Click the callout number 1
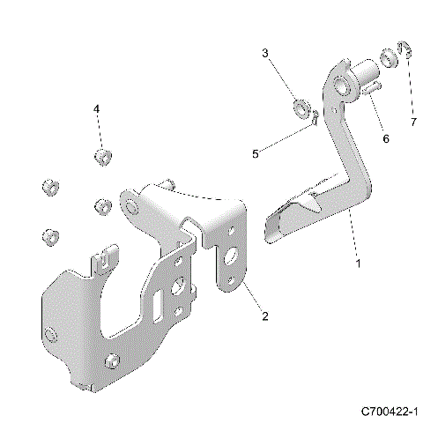(x=358, y=263)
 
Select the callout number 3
(x=264, y=54)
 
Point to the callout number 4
(x=98, y=108)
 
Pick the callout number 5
(x=256, y=153)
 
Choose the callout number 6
(x=384, y=137)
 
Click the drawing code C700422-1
(x=388, y=412)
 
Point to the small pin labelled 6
(x=371, y=88)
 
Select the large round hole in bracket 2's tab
(x=234, y=257)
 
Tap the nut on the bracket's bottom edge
(x=112, y=362)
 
